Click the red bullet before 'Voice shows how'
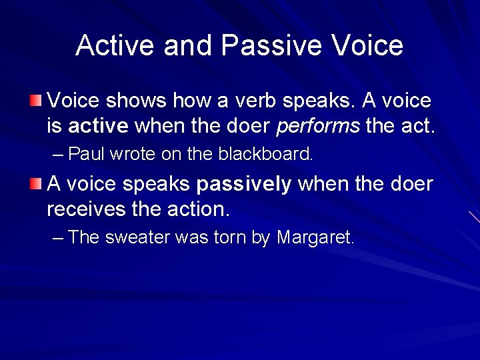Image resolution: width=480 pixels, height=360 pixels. click(35, 101)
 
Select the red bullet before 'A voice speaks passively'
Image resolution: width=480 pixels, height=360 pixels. click(35, 184)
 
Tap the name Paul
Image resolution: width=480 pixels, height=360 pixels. click(87, 155)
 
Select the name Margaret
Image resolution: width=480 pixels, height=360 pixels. click(315, 238)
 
